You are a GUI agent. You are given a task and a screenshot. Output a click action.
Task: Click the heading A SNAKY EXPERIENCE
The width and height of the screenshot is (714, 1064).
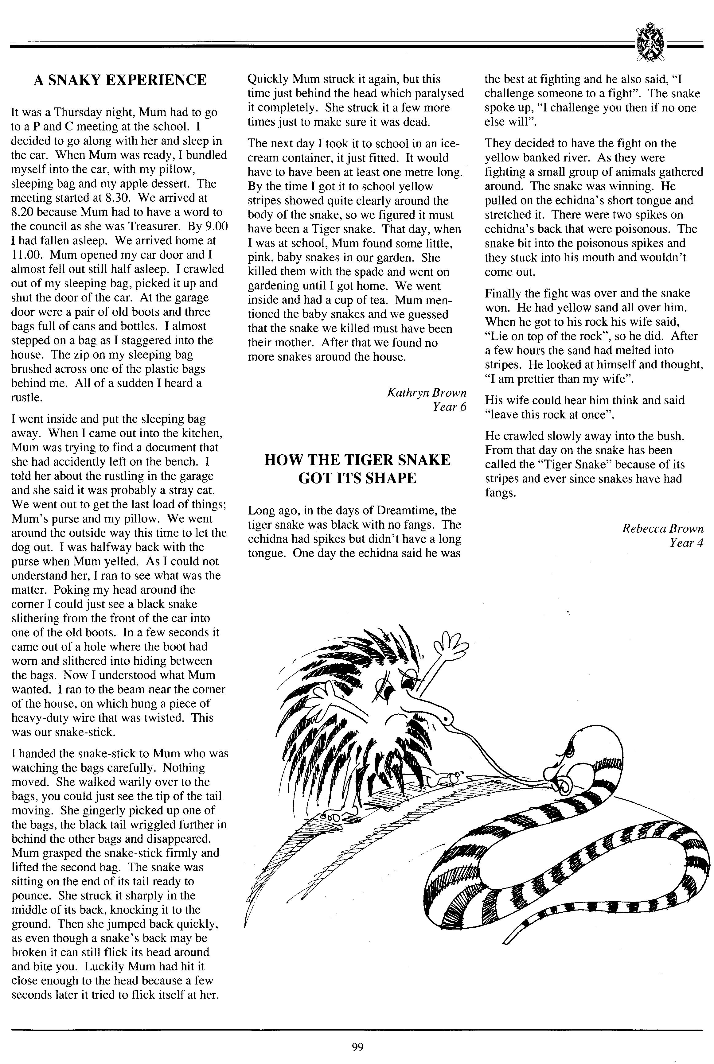[x=120, y=80]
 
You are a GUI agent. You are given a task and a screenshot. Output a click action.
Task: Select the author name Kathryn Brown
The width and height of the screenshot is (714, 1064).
[x=427, y=392]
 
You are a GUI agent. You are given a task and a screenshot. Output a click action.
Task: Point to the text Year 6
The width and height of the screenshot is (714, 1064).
[x=450, y=407]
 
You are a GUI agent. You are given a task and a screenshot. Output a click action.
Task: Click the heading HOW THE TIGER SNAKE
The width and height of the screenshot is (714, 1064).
[x=357, y=460]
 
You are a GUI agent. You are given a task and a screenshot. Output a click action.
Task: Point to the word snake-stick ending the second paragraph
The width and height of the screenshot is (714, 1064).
[x=88, y=732]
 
